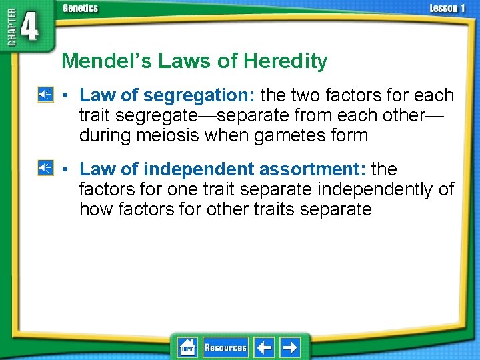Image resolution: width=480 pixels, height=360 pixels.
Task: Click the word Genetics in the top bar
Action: tap(80, 8)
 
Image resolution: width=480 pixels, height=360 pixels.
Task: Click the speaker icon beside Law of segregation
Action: tap(45, 95)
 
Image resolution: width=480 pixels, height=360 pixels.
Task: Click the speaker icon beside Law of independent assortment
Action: tap(45, 168)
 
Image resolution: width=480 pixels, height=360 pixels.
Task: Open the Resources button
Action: tap(225, 347)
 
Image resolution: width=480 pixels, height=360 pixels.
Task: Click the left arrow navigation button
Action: tap(264, 347)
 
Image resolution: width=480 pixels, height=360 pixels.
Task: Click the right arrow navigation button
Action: tap(290, 347)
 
